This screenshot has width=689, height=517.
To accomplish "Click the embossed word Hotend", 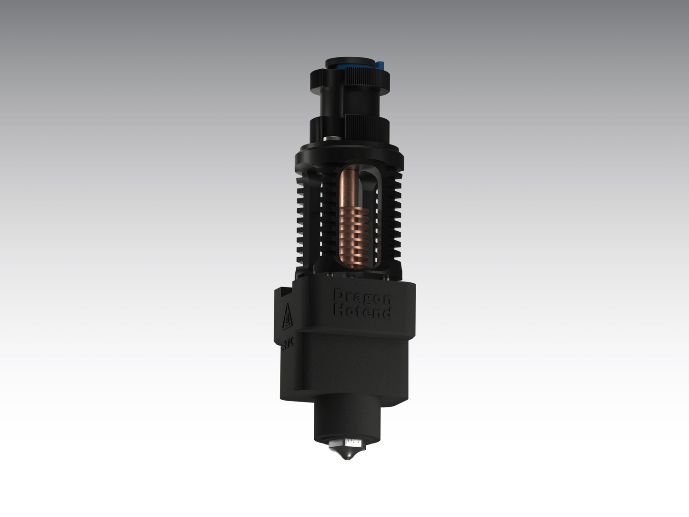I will pos(362,312).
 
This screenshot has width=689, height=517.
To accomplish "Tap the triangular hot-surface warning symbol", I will pos(287,317).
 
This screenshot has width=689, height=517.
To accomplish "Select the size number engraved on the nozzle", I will pos(354,442).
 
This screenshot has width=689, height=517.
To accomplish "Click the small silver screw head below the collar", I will pos(330,138).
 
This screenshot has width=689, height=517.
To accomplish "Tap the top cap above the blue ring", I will pos(349,62).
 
